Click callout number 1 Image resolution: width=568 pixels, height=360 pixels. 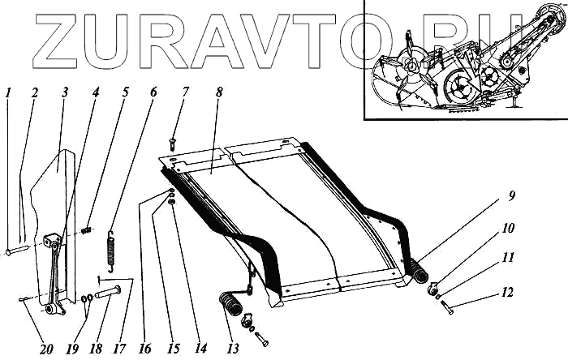(7, 93)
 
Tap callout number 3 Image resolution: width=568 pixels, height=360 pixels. (62, 93)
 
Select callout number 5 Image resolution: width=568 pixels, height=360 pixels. (126, 93)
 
